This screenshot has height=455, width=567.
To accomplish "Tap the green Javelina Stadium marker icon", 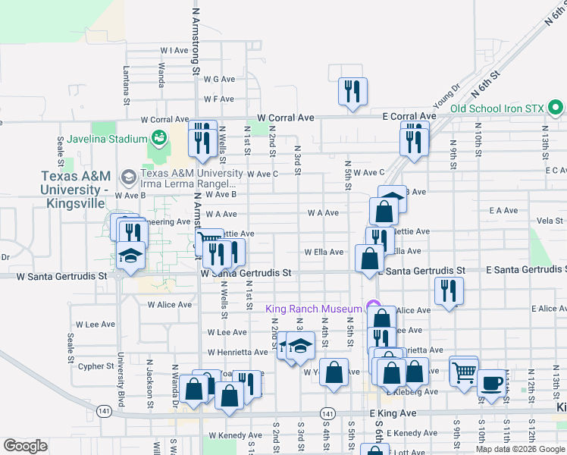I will pyautogui.click(x=158, y=138).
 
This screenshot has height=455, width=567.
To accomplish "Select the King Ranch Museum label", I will pyautogui.click(x=314, y=309).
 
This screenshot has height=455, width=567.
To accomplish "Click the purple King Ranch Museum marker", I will pyautogui.click(x=373, y=308).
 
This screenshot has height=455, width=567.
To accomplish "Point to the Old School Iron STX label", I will pyautogui.click(x=497, y=108).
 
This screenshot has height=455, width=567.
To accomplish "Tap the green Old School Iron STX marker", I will pyautogui.click(x=556, y=108).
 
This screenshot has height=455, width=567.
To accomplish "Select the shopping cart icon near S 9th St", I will pyautogui.click(x=463, y=372).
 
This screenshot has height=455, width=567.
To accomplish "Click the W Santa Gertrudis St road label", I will pyautogui.click(x=246, y=272).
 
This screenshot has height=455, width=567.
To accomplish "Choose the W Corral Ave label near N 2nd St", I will pyautogui.click(x=285, y=118).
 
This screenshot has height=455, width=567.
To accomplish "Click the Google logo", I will pyautogui.click(x=25, y=446).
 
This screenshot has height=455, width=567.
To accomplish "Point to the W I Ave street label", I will pyautogui.click(x=174, y=51).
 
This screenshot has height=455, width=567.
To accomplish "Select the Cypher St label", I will pyautogui.click(x=96, y=366).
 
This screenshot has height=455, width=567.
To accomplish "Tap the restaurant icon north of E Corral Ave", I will pyautogui.click(x=352, y=93).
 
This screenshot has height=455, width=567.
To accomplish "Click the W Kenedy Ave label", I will pyautogui.click(x=235, y=435).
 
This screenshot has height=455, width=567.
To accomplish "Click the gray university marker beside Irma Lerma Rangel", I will pyautogui.click(x=128, y=177).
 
